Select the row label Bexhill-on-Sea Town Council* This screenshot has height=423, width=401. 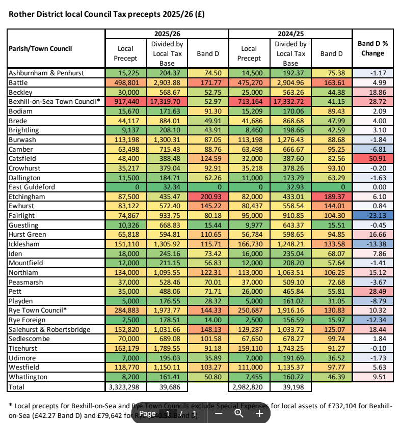(54, 102)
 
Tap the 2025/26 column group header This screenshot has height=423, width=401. (167, 34)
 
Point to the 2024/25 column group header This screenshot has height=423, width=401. (290, 34)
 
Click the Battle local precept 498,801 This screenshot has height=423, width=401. (125, 82)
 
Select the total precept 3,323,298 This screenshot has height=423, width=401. (125, 387)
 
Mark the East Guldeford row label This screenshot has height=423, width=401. (32, 187)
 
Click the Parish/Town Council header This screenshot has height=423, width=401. (40, 48)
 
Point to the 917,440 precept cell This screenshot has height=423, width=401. (125, 102)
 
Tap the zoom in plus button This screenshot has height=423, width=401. (259, 413)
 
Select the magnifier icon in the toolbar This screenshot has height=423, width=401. (238, 413)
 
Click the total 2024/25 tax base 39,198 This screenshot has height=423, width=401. (290, 387)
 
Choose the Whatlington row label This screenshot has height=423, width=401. (28, 377)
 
